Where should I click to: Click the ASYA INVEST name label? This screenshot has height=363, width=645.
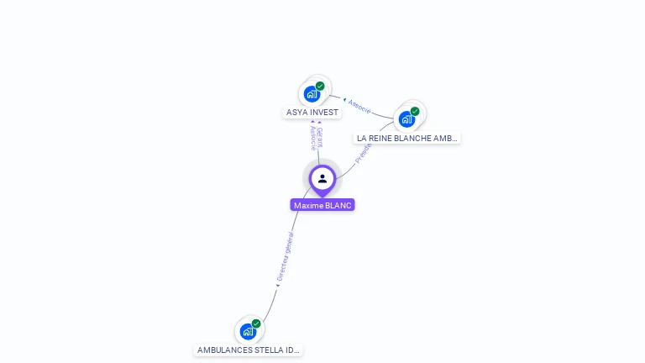point(312,113)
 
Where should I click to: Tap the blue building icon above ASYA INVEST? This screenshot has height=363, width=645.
point(312,93)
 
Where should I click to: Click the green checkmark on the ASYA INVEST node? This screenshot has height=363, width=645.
point(320,86)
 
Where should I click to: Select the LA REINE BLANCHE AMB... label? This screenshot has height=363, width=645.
point(407,138)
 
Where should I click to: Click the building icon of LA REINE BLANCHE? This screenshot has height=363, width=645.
point(406,118)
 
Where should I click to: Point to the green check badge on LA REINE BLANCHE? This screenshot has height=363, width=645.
point(415,111)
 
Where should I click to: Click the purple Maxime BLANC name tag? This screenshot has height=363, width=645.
point(322,205)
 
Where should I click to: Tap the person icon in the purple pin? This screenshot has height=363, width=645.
point(322,178)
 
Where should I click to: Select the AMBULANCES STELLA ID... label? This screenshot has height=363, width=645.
point(248,350)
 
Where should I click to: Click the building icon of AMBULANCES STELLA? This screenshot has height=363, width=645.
point(248,331)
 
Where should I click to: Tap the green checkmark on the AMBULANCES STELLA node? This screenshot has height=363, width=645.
point(256,324)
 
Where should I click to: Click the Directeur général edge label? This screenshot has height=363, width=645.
point(285,256)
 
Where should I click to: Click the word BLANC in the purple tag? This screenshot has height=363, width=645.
point(338,205)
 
